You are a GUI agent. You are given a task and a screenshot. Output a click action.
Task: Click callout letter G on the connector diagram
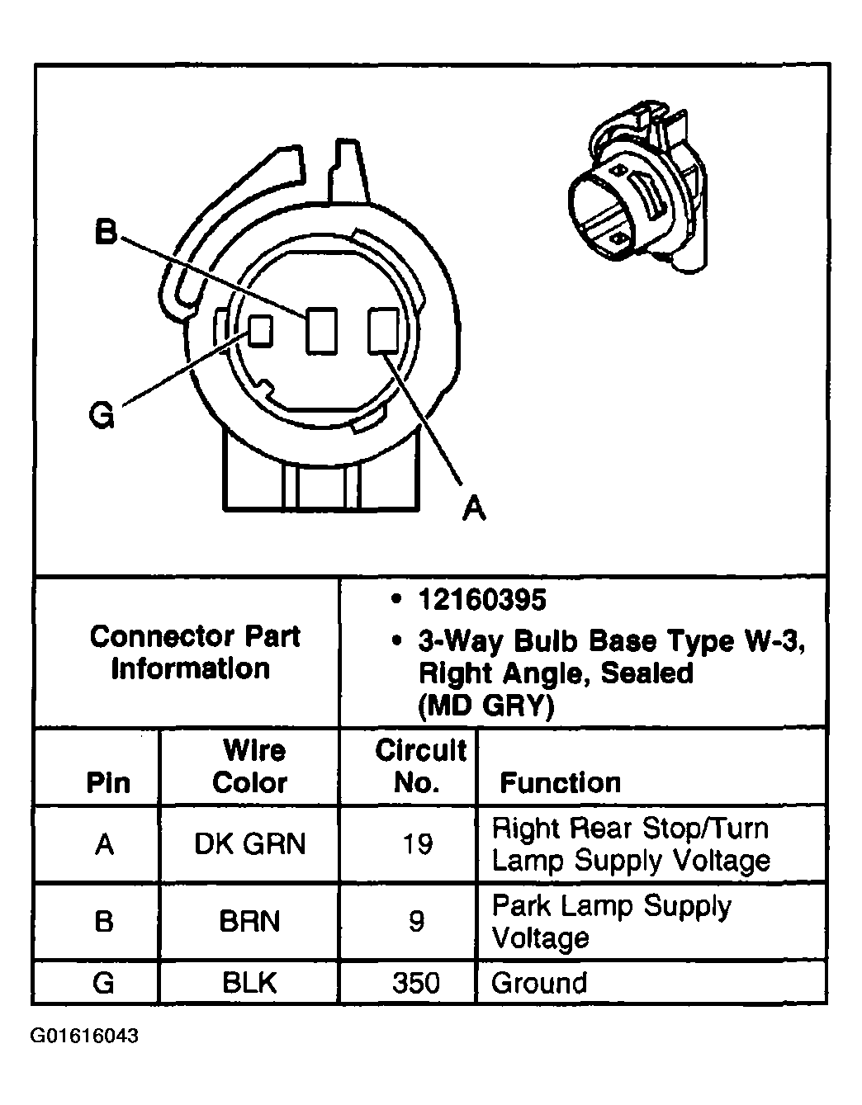[101, 417]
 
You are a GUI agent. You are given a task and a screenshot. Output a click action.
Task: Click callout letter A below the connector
[473, 507]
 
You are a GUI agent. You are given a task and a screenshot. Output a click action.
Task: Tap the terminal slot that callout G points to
[261, 332]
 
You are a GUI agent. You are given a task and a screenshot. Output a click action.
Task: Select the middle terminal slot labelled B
[321, 331]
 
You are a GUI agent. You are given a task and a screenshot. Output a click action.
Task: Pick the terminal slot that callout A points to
[383, 330]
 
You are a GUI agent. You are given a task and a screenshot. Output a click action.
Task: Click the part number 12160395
[482, 600]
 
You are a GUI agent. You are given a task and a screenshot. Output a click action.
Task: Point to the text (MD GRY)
[486, 706]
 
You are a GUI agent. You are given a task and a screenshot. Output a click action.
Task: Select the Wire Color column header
[250, 767]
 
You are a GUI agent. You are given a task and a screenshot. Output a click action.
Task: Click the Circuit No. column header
[419, 767]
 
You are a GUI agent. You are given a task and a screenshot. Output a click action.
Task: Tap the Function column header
[560, 782]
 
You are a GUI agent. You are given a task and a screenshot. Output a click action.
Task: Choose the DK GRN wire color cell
[249, 843]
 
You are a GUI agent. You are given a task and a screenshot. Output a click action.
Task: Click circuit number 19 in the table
[417, 843]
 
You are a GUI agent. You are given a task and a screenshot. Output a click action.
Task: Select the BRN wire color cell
[249, 921]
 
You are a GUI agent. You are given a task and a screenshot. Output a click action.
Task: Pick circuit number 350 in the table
[417, 983]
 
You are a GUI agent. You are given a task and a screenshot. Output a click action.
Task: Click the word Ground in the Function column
[539, 983]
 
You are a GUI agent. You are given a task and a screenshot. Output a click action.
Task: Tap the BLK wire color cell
[249, 983]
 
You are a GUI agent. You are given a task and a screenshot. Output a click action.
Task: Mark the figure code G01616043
[85, 1036]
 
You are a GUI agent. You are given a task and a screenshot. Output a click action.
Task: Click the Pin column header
[108, 782]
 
